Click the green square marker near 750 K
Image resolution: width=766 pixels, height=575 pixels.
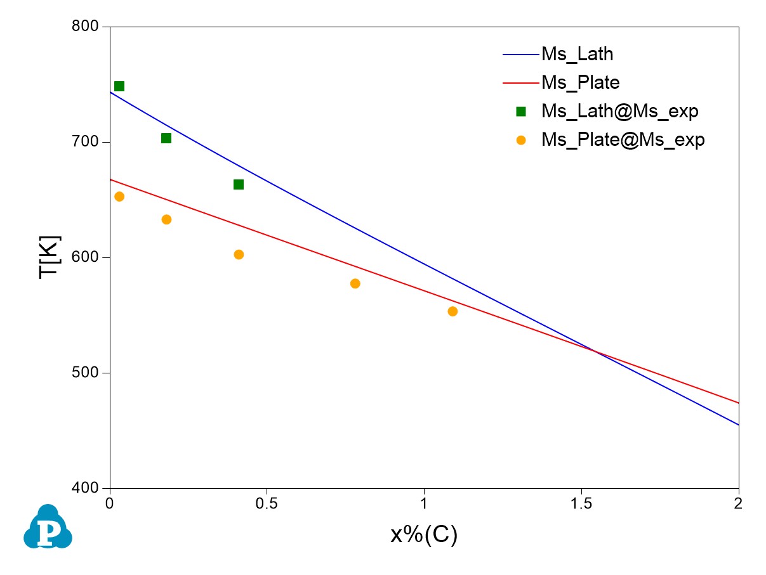pos(119,86)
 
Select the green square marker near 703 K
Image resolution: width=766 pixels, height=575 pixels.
pos(166,138)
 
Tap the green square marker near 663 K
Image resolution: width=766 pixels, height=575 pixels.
pos(239,184)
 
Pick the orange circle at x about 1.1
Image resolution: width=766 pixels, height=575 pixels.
pos(452,311)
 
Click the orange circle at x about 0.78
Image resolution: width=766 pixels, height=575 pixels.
pos(355,283)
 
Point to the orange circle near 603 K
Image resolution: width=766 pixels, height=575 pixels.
pos(239,254)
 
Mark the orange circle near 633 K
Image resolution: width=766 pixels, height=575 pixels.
pos(166,219)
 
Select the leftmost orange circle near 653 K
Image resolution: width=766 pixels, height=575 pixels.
pos(119,197)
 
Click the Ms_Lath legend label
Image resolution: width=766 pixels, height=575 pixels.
pos(577,54)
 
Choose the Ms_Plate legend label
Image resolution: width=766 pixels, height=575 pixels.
pos(580,82)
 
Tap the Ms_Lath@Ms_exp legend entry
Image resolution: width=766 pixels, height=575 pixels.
pos(619,111)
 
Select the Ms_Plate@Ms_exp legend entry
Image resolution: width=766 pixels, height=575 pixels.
pos(623,139)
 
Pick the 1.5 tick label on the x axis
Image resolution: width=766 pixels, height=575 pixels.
pos(582,504)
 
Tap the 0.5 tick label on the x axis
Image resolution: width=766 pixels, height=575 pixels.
pos(267,504)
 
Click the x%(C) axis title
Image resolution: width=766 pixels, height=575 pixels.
pos(424,536)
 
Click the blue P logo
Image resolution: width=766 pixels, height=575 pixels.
pos(48,527)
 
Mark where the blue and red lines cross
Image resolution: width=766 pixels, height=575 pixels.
pos(596,350)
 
